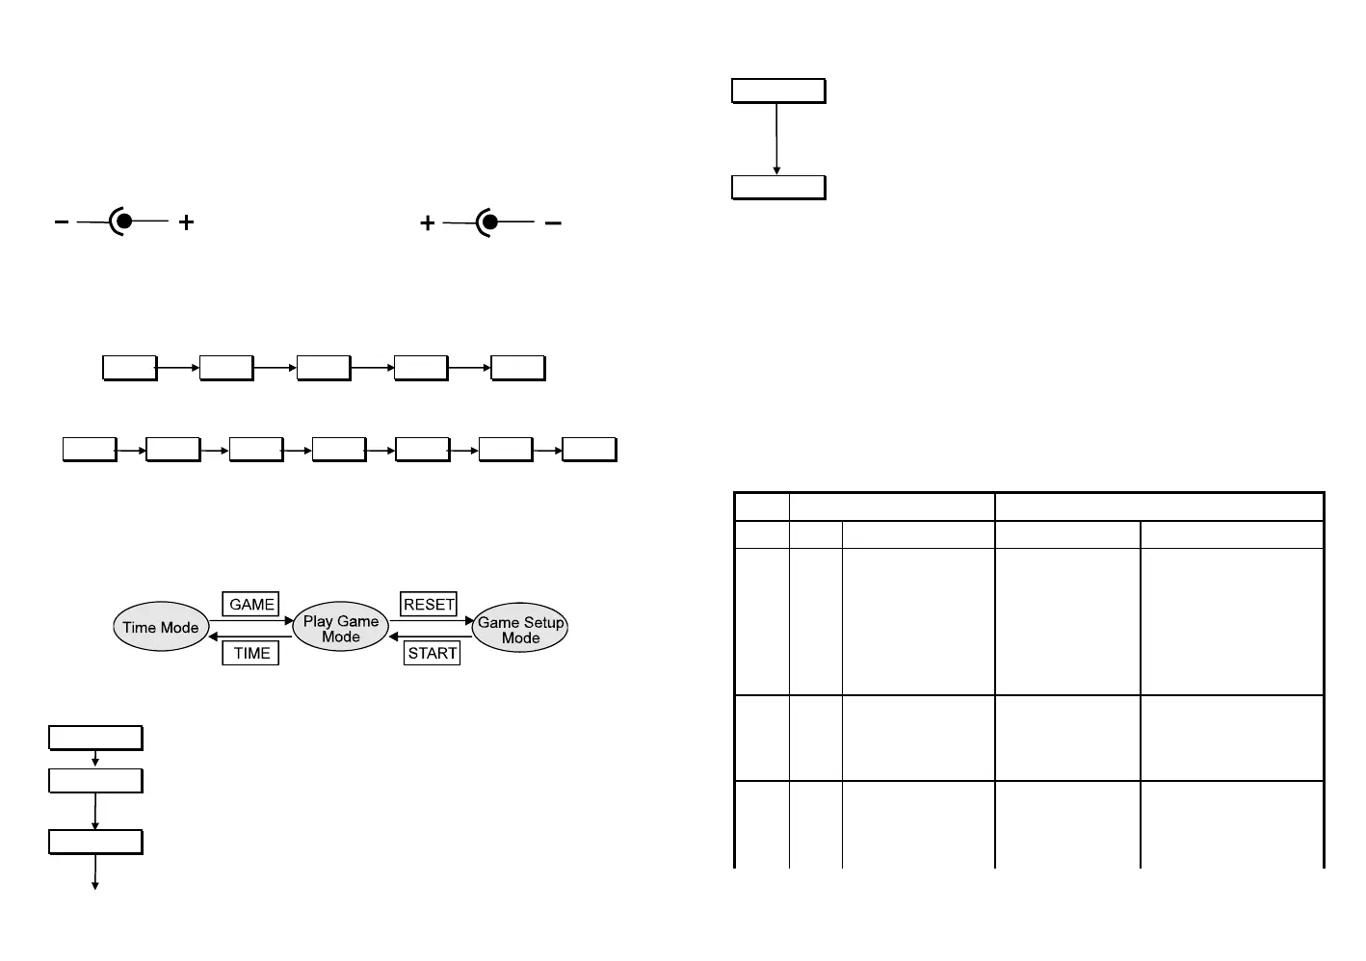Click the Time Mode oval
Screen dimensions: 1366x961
tap(160, 628)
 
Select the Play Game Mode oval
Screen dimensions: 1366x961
tap(340, 629)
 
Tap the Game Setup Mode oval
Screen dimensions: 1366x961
tap(520, 630)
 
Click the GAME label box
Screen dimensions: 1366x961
tap(251, 605)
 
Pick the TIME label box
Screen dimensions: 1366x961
tap(251, 653)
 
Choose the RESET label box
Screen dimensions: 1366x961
tap(429, 605)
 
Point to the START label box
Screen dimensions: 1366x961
tap(432, 653)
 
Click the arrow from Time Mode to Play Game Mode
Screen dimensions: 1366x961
tap(250, 621)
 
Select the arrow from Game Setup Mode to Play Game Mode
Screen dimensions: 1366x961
tap(431, 636)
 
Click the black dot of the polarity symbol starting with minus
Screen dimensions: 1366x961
tap(124, 221)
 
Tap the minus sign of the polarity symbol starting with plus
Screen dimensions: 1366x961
tap(553, 223)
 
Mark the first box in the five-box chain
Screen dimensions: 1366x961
tap(130, 368)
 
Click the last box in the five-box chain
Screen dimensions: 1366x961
tap(518, 368)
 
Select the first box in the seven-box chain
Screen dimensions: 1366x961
tap(90, 450)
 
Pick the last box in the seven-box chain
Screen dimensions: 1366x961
tap(589, 450)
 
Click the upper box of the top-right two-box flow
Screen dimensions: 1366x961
tap(778, 91)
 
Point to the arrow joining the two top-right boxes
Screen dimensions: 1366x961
tap(776, 139)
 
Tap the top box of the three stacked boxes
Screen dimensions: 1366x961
tap(95, 739)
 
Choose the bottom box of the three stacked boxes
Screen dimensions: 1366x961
tap(95, 843)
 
